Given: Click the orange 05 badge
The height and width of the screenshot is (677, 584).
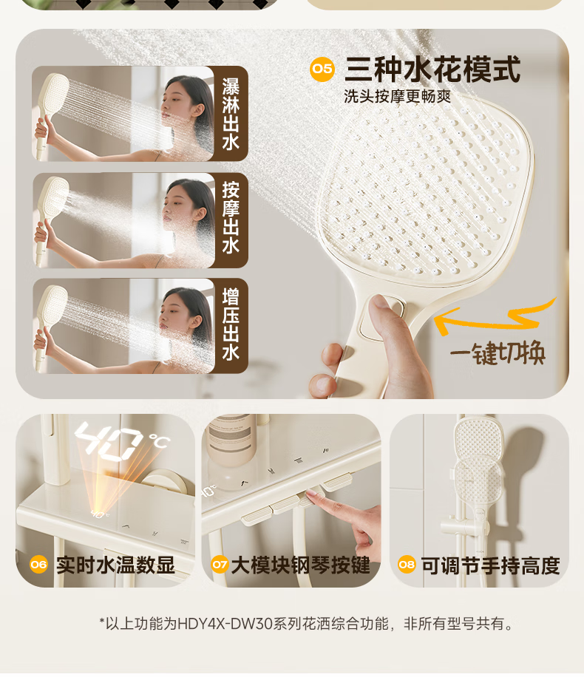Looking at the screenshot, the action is tap(322, 69).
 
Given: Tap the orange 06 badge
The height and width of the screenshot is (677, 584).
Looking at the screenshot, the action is tap(38, 565).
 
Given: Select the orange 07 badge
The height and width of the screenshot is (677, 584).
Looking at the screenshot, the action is tap(220, 565).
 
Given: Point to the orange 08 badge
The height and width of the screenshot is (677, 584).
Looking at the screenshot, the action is tap(407, 565).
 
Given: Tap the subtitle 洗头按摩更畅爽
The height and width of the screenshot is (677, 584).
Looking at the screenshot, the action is tap(398, 96).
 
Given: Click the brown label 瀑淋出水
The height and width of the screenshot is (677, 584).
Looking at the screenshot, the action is tap(231, 114).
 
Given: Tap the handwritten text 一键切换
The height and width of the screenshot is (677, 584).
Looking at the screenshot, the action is tap(498, 353).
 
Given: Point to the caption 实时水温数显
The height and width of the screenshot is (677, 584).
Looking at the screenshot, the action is tap(115, 565).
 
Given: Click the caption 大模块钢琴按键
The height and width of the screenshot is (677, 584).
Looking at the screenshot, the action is tap(301, 565).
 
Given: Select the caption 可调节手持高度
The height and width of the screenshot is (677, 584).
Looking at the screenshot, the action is tap(491, 565).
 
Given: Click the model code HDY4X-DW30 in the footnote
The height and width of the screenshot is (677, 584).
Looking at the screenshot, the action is tap(225, 624).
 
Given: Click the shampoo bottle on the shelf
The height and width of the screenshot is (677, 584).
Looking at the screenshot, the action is tap(229, 440).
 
